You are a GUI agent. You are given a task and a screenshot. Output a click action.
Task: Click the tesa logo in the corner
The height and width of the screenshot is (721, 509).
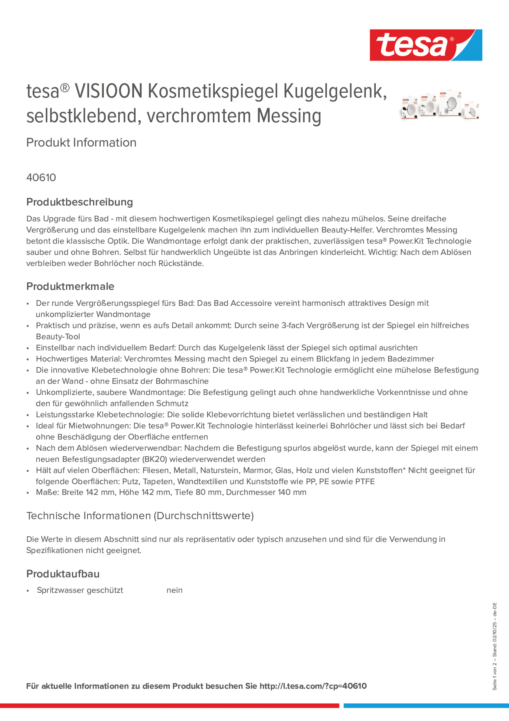tap(426, 45)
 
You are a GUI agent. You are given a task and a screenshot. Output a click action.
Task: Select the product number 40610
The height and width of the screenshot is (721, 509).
tap(41, 177)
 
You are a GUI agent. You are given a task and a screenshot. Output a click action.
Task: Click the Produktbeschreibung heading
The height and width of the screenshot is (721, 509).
tap(80, 202)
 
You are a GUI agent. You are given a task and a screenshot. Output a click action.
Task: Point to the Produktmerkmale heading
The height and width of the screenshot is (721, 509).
tap(70, 286)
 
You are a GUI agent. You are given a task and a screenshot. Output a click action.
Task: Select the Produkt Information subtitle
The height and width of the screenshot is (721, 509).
tap(81, 142)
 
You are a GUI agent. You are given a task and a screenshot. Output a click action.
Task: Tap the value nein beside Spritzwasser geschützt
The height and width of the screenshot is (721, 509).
tap(175, 590)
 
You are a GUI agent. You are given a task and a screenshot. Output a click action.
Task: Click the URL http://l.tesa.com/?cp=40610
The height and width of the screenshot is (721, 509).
tap(313, 686)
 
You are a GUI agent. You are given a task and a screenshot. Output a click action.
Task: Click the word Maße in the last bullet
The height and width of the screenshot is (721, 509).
tap(47, 492)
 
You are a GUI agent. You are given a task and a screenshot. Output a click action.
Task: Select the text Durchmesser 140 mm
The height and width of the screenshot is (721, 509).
tap(266, 492)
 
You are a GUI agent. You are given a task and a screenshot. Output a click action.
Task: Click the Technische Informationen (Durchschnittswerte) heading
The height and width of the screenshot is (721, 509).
tap(140, 516)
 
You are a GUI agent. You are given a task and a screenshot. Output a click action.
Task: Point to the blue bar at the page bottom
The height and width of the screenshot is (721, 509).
tap(426, 706)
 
